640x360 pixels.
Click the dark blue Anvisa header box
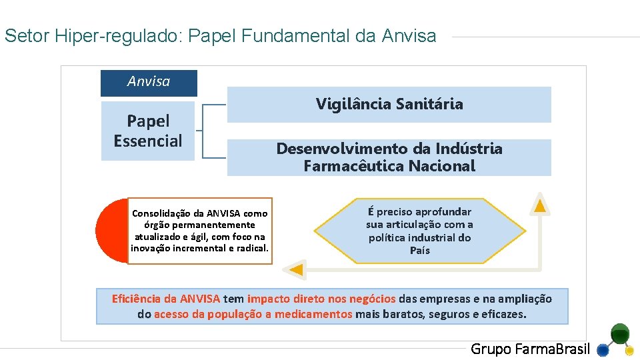pyautogui.click(x=149, y=83)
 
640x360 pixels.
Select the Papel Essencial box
pyautogui.click(x=147, y=131)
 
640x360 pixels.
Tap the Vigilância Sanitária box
pyautogui.click(x=389, y=104)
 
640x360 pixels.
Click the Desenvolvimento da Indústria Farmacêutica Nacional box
pyautogui.click(x=389, y=157)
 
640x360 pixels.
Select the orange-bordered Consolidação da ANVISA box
pyautogui.click(x=200, y=231)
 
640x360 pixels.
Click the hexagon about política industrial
pyautogui.click(x=419, y=231)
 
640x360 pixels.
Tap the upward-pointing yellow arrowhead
pyautogui.click(x=541, y=205)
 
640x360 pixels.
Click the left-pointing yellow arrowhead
pyautogui.click(x=295, y=270)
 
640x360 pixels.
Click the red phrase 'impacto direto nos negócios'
pyautogui.click(x=321, y=299)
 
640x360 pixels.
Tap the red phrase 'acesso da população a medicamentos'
pyautogui.click(x=253, y=314)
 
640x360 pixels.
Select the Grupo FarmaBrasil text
pyautogui.click(x=530, y=349)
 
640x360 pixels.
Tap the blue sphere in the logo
pyautogui.click(x=603, y=349)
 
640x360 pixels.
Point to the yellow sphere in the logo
pyautogui.click(x=629, y=351)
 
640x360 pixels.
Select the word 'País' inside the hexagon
pyautogui.click(x=420, y=251)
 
